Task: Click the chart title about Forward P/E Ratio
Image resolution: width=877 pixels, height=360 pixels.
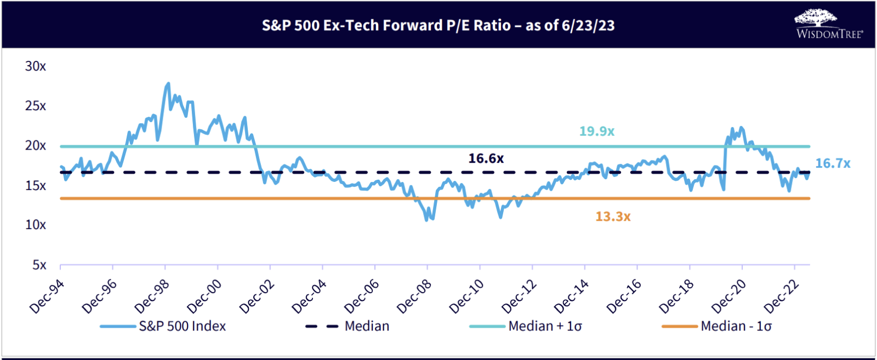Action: click(438, 25)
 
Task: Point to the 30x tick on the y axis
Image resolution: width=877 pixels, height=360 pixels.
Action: click(36, 66)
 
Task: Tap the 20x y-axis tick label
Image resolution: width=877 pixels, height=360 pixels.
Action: click(36, 146)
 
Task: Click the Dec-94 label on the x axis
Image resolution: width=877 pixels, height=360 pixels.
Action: click(47, 296)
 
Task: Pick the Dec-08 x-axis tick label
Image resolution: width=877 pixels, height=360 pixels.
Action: click(414, 296)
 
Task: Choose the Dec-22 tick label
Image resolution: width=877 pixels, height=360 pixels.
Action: click(782, 296)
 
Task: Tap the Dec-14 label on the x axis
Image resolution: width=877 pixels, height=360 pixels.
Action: click(572, 296)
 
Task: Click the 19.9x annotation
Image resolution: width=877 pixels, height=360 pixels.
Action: click(597, 132)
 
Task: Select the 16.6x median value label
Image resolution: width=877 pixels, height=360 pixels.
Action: click(486, 159)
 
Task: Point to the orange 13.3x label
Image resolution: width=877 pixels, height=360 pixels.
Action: click(613, 217)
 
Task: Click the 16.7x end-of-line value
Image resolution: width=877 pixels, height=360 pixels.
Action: click(833, 163)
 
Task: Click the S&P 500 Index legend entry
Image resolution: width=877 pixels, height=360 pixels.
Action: click(163, 327)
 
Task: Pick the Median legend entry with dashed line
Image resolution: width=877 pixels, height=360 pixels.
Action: click(348, 327)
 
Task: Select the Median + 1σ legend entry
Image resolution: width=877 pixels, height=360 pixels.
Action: click(526, 327)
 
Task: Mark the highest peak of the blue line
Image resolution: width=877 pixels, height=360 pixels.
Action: click(168, 83)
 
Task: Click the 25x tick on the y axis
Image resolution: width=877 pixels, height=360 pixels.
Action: click(36, 106)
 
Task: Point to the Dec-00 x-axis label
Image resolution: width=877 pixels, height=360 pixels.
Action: click(204, 296)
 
